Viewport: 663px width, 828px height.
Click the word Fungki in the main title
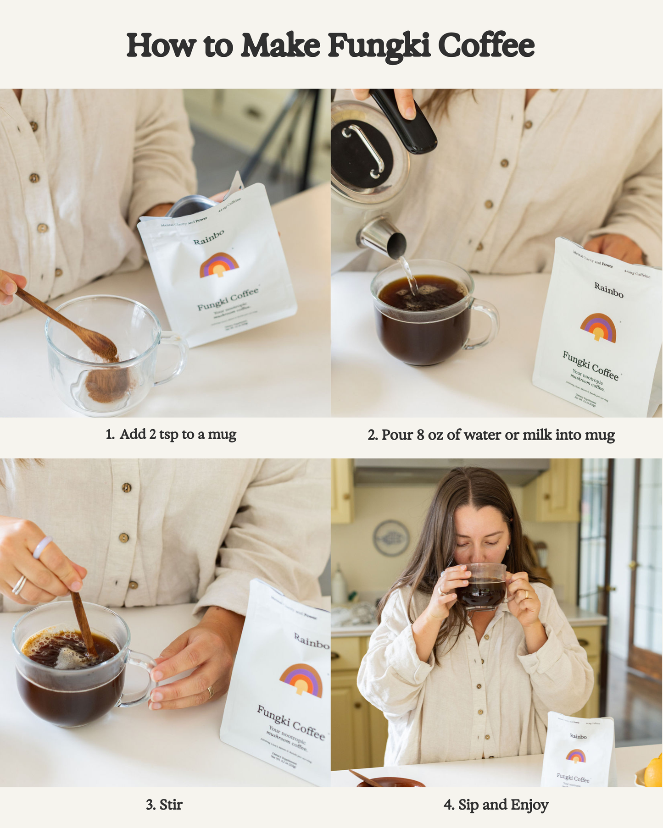click(379, 46)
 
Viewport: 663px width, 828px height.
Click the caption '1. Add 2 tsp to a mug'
click(171, 434)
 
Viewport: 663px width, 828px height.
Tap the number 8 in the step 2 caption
click(420, 435)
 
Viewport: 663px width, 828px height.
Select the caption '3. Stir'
click(164, 804)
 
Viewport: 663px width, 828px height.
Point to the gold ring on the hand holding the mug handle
click(210, 691)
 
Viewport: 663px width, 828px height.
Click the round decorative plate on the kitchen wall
click(391, 538)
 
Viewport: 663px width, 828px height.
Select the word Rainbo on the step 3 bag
click(311, 640)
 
